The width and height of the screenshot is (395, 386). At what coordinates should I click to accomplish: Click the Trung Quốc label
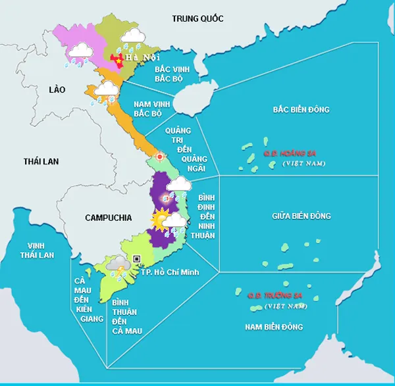coord(197,18)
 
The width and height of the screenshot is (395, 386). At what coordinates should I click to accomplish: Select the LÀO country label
coord(57,89)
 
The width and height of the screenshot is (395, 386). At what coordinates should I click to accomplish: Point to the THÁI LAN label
coord(41,161)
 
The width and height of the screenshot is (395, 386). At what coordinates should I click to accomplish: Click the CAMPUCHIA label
coord(109,217)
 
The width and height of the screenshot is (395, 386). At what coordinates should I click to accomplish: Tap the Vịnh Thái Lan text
coord(37,249)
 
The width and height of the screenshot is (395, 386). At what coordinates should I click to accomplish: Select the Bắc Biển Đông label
coord(301,109)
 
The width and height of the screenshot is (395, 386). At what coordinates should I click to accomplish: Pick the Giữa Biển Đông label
coord(302,216)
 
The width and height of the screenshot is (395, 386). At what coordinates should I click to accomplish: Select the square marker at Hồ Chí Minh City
coord(137,259)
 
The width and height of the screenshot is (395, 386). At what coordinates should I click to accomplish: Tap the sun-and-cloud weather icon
coord(161,220)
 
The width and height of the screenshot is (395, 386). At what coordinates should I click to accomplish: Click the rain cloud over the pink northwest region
coord(80,51)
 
